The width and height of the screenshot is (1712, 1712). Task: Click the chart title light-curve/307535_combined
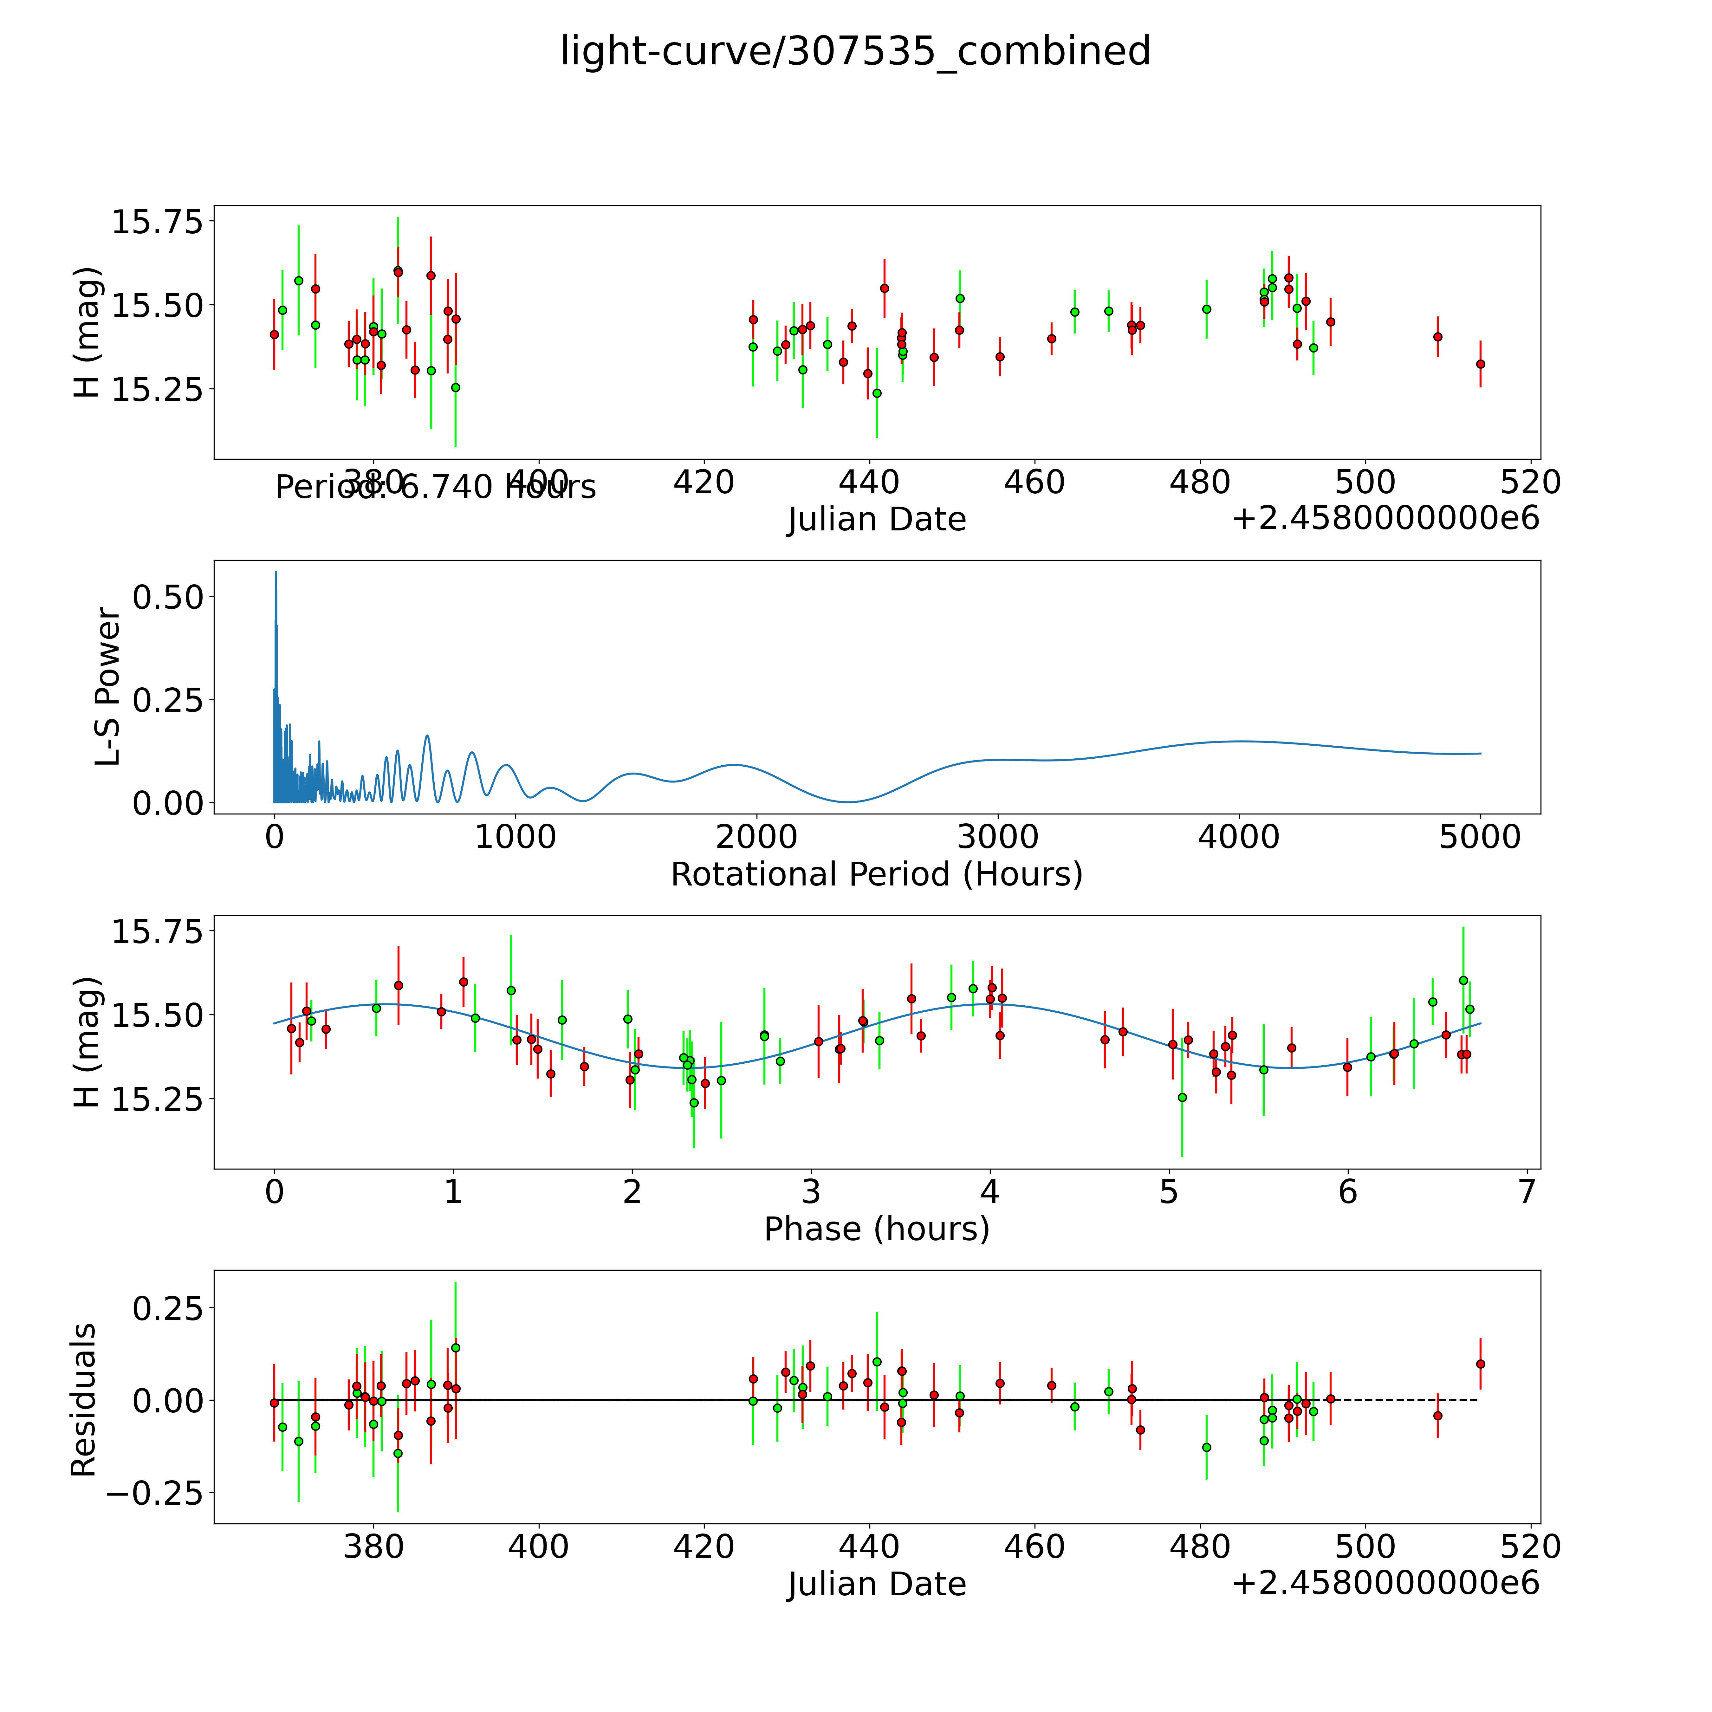[855, 51]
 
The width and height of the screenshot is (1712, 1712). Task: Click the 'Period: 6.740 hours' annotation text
[435, 487]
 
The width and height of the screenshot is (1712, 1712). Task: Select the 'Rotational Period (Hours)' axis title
[876, 875]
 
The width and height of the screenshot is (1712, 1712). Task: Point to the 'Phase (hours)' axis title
[876, 1229]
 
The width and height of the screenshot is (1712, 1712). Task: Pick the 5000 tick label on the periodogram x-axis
[1480, 837]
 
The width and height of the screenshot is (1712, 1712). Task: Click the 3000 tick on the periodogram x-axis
[998, 837]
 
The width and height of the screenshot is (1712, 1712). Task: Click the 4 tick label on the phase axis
[990, 1192]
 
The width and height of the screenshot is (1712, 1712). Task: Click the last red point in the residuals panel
[1480, 1364]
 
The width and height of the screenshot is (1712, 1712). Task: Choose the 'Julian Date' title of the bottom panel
[876, 1585]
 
